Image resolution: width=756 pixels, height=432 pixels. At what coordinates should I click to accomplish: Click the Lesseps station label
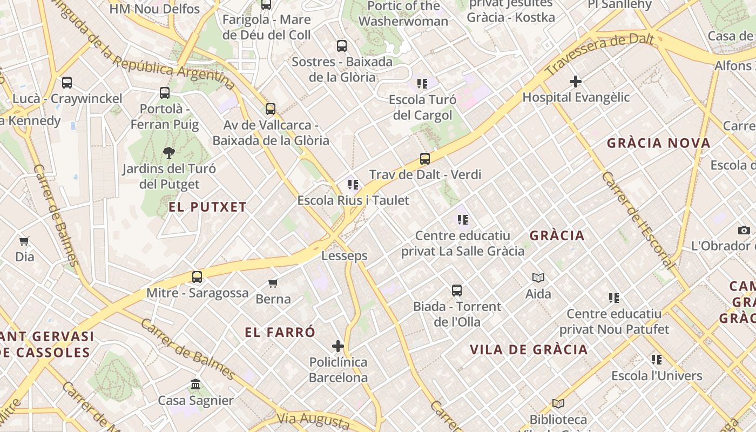(345, 256)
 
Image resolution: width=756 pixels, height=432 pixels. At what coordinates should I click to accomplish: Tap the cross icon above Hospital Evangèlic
(576, 82)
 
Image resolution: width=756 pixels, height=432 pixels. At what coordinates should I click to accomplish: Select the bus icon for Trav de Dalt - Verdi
(425, 159)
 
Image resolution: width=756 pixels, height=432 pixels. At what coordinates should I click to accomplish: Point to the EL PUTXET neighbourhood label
(207, 207)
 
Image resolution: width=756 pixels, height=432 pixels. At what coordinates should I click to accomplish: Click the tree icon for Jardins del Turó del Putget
(169, 153)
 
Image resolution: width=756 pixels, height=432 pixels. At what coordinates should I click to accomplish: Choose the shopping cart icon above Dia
(24, 241)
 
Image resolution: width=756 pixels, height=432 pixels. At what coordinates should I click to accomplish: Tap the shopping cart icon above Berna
(273, 283)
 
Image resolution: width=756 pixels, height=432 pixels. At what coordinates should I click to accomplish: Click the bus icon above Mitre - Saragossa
(197, 277)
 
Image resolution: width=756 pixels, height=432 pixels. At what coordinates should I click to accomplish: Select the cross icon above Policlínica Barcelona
(338, 346)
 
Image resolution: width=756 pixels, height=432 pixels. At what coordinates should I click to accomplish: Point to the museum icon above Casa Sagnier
(195, 384)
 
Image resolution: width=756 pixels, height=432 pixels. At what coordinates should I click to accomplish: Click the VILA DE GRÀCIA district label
(529, 349)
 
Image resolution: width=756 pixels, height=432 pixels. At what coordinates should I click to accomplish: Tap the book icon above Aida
(538, 278)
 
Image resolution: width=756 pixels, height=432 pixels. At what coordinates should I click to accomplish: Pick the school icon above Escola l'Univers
(657, 360)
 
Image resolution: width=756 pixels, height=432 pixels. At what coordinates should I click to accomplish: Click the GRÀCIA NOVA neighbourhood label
(658, 143)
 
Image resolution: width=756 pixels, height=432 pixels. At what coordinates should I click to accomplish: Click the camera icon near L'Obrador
(744, 230)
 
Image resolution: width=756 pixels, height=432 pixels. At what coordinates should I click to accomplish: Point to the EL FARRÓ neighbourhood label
(280, 332)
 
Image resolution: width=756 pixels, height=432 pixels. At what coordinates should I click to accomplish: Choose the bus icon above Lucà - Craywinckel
(67, 83)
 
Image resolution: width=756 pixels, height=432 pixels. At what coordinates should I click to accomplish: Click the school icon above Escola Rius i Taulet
(353, 185)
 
